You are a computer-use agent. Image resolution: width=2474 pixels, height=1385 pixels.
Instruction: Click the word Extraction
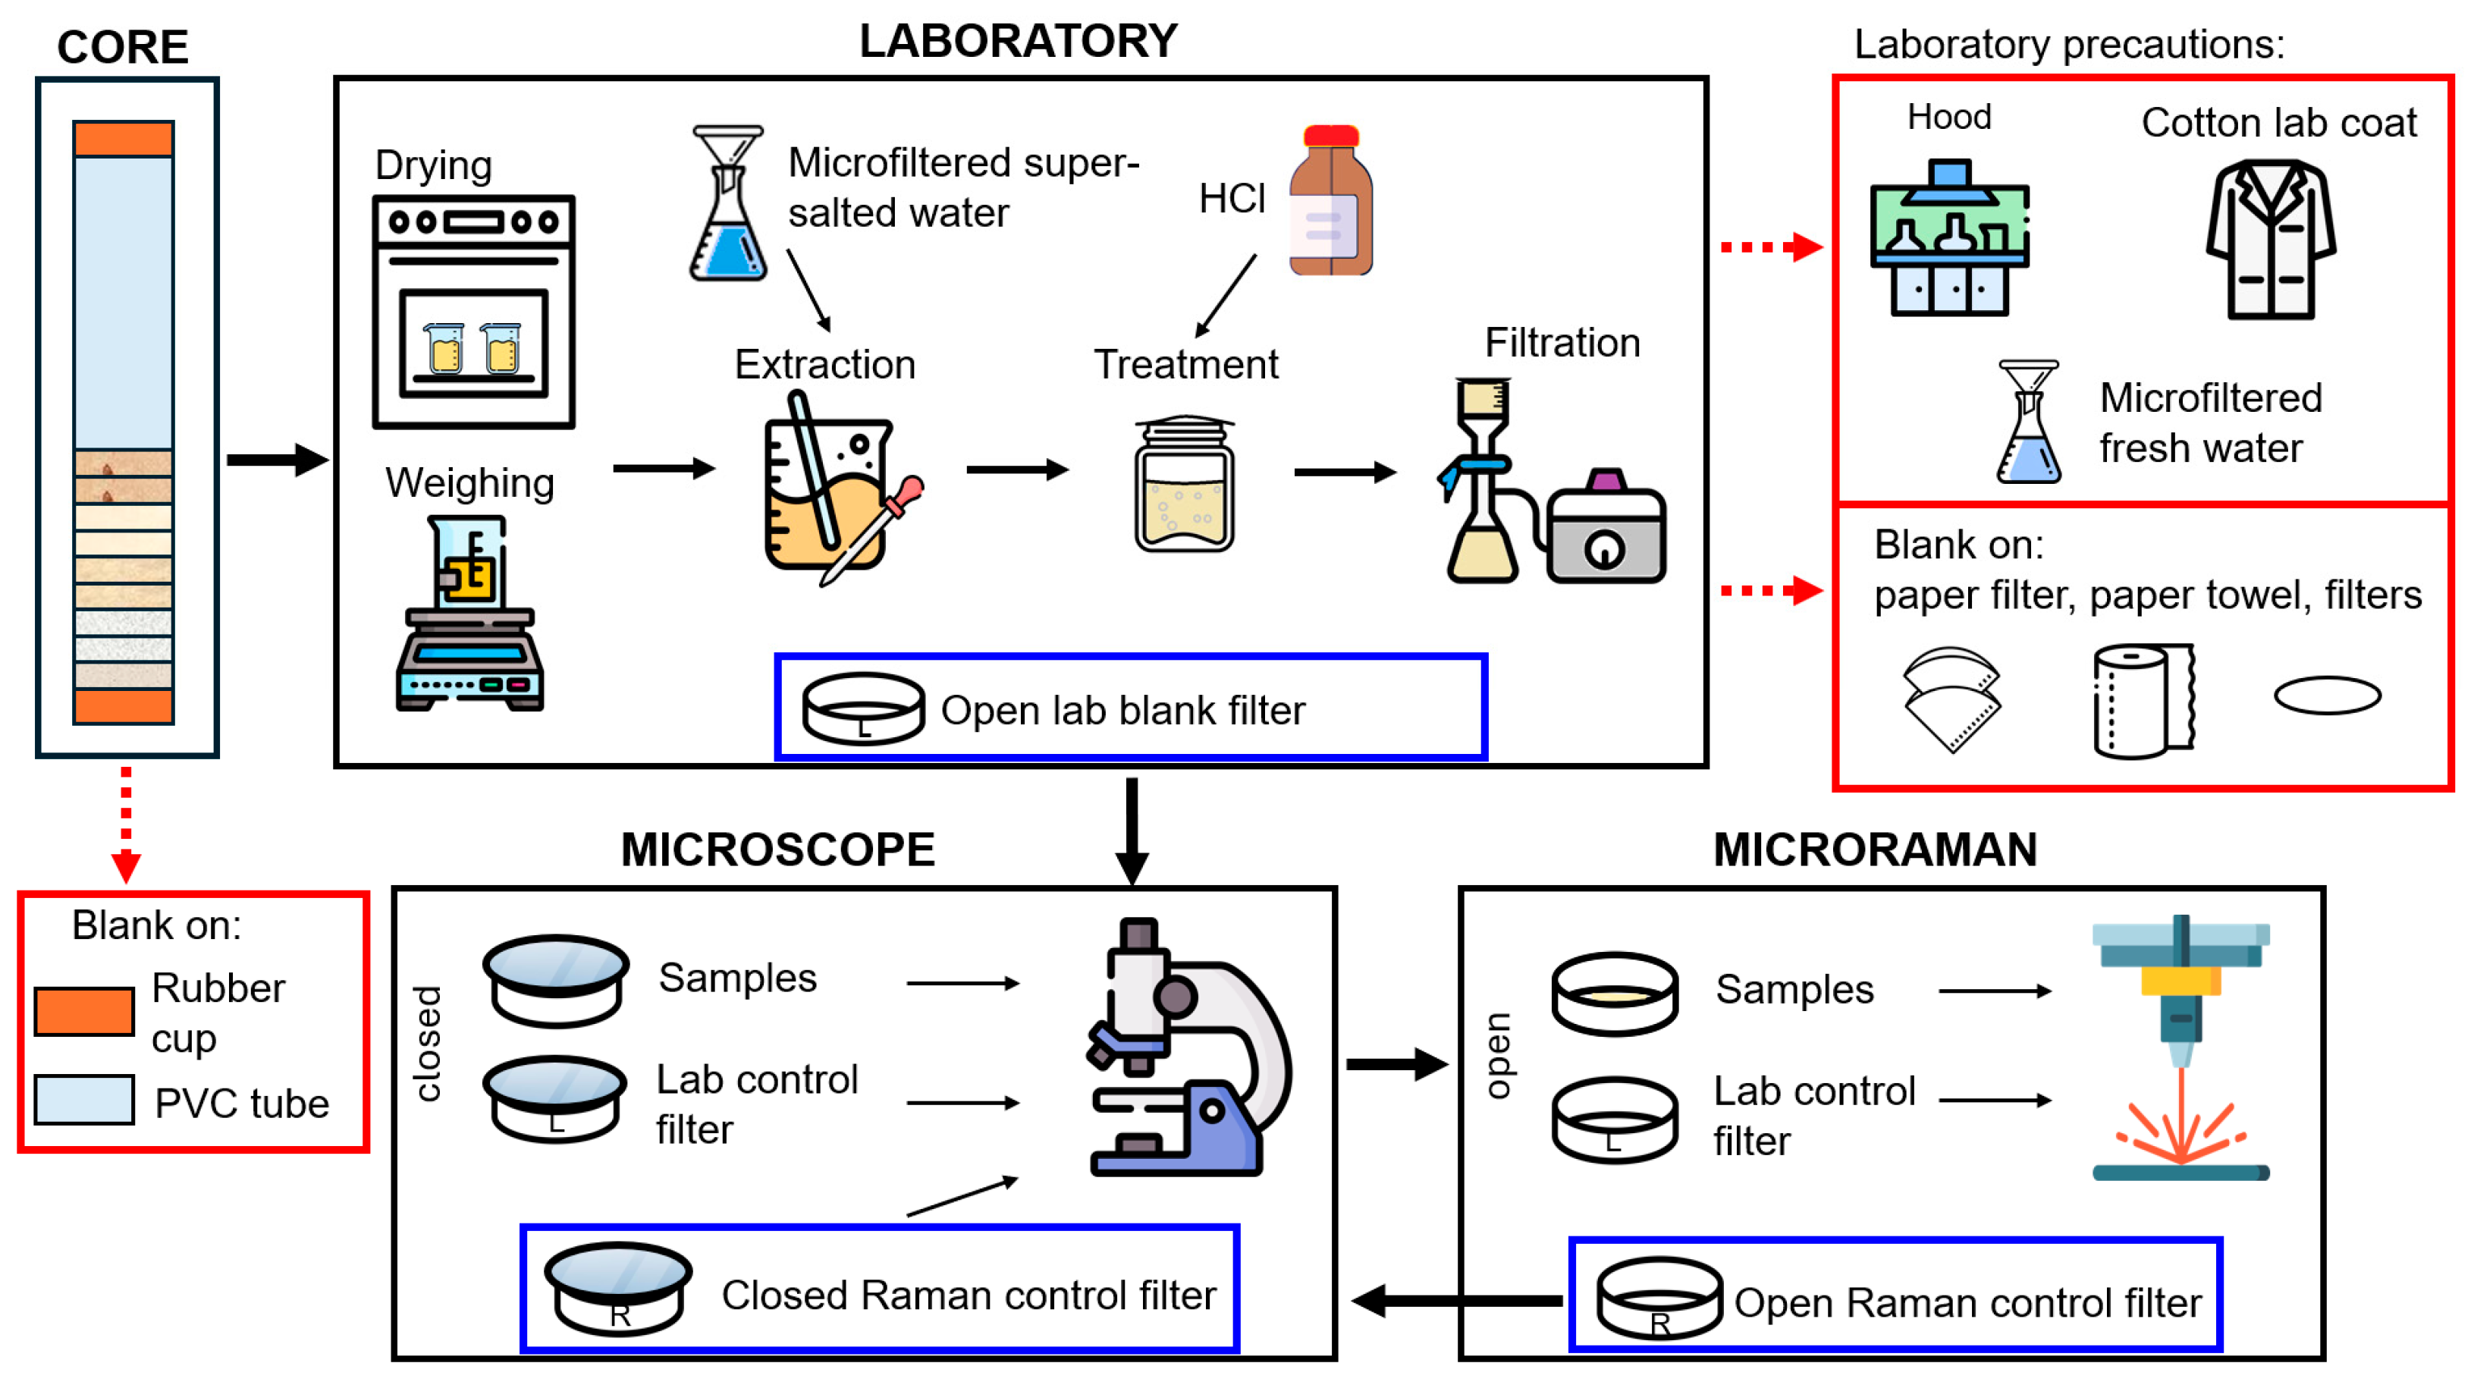(825, 365)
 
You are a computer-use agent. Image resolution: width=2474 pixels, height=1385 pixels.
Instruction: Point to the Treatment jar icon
(1184, 484)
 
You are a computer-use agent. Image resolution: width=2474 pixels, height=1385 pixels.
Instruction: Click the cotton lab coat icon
(2271, 240)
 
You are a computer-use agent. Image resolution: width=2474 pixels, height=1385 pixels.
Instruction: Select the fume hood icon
(1950, 240)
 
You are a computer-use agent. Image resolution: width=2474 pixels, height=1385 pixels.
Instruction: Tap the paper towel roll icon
(2143, 700)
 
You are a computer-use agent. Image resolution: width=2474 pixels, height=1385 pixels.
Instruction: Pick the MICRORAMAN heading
(1875, 850)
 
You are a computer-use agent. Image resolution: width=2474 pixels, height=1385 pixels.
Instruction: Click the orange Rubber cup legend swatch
(83, 1011)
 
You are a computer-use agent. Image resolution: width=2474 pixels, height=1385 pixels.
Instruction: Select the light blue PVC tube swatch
(83, 1099)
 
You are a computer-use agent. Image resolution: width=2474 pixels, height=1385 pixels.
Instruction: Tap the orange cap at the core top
(124, 138)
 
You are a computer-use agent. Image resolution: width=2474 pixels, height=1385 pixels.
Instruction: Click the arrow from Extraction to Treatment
(1017, 470)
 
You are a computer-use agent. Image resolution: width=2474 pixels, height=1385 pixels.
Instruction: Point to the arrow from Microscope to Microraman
(1396, 1064)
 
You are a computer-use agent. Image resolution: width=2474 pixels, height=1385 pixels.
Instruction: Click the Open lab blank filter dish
(862, 709)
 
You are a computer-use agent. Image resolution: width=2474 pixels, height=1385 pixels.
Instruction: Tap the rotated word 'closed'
(428, 1043)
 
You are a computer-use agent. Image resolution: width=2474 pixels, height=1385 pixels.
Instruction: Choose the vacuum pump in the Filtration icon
(1606, 534)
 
